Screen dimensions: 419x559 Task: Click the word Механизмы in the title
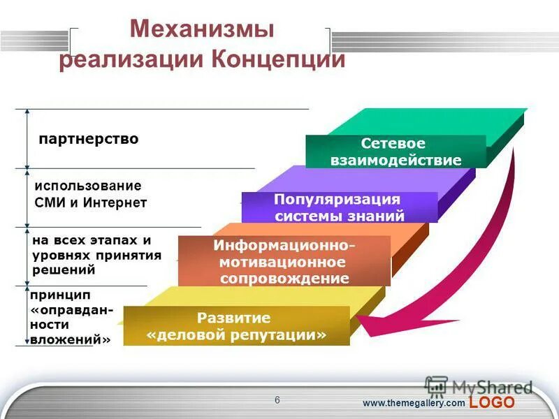(x=202, y=29)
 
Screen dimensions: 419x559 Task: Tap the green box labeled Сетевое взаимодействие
(x=395, y=152)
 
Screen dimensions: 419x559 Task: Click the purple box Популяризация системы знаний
(x=340, y=207)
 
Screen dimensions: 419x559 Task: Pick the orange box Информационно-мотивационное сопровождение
(x=284, y=262)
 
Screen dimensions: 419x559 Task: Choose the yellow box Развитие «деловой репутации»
(x=236, y=326)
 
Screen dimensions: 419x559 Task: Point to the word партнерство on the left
(x=89, y=139)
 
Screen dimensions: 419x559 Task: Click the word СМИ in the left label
(x=50, y=203)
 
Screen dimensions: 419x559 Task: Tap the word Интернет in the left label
(x=115, y=203)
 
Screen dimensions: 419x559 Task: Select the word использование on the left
(x=87, y=186)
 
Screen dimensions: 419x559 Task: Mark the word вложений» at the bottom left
(x=70, y=339)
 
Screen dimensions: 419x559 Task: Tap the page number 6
(x=277, y=400)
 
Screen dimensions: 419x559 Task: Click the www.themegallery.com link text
(x=414, y=404)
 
